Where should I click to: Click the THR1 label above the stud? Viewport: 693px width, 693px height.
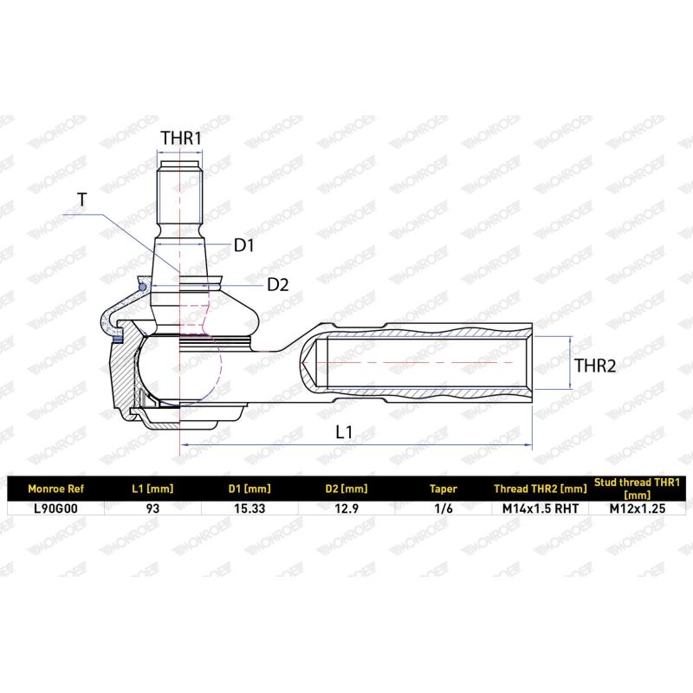181,138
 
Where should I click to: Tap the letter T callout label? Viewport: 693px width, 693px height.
82,200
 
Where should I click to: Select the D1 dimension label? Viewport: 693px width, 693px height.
244,245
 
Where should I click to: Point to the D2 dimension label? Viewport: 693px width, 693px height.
278,285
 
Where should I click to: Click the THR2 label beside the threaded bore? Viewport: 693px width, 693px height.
595,366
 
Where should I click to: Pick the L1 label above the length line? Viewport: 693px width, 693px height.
344,431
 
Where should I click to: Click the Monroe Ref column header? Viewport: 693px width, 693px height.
55,489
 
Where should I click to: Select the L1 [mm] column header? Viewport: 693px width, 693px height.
152,489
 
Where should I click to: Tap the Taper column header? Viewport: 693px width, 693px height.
444,489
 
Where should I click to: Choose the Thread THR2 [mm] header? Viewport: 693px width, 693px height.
541,489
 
